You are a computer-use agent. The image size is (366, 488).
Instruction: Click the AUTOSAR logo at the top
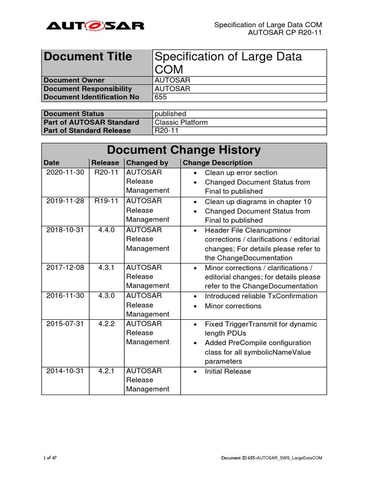95,25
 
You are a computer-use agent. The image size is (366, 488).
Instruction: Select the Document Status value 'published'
170,113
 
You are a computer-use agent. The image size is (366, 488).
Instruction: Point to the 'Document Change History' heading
183,150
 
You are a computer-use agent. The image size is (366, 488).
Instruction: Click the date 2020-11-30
65,173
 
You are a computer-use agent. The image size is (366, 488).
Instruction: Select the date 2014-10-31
65,371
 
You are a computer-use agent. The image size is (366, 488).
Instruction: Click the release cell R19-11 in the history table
106,201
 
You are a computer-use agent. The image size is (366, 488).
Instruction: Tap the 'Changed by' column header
147,163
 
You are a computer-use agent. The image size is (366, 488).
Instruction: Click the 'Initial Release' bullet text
228,371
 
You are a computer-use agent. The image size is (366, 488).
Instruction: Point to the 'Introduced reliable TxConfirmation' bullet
261,296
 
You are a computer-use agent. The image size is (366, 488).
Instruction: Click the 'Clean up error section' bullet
241,173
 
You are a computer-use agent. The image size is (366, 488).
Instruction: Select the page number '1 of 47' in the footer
50,458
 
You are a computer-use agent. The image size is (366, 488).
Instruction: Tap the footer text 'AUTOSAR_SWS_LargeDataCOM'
290,458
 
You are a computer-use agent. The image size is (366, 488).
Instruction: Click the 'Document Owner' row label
74,80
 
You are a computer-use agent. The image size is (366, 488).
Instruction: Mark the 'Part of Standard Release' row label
87,131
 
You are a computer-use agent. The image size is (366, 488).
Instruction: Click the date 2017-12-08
65,267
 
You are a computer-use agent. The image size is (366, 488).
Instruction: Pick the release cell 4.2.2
106,324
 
